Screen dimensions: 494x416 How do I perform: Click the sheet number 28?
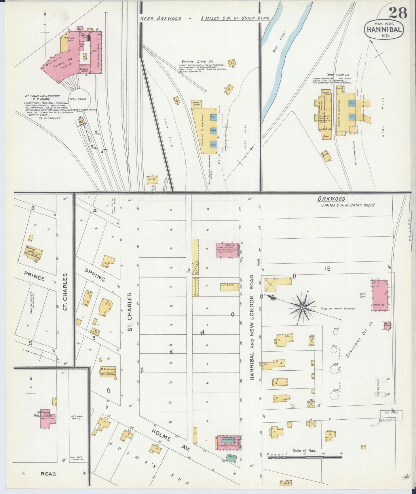click(x=398, y=13)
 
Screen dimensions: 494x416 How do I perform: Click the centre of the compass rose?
click(x=303, y=308)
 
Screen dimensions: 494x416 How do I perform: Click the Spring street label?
click(x=95, y=275)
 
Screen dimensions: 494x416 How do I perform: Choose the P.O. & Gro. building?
click(x=230, y=286)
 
